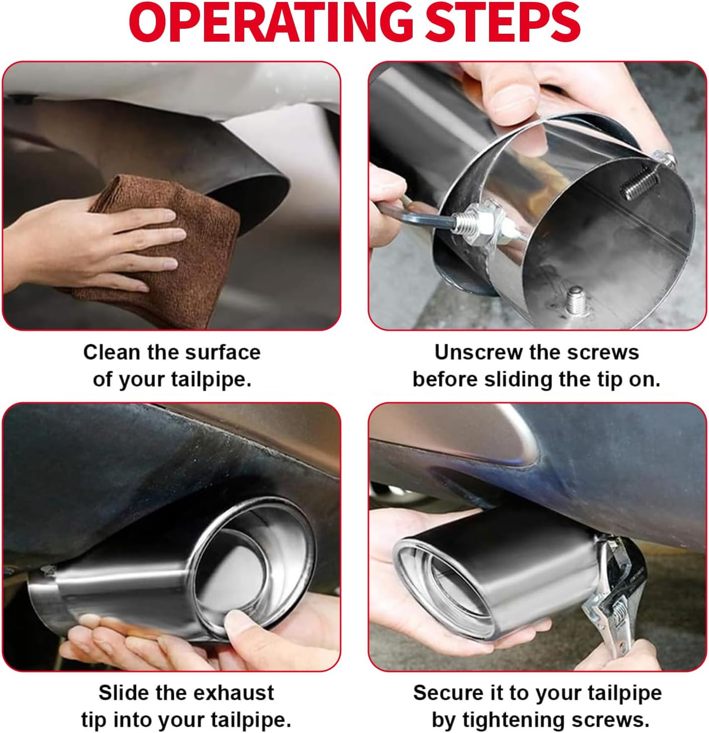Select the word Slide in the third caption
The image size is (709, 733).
[x=124, y=693]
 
